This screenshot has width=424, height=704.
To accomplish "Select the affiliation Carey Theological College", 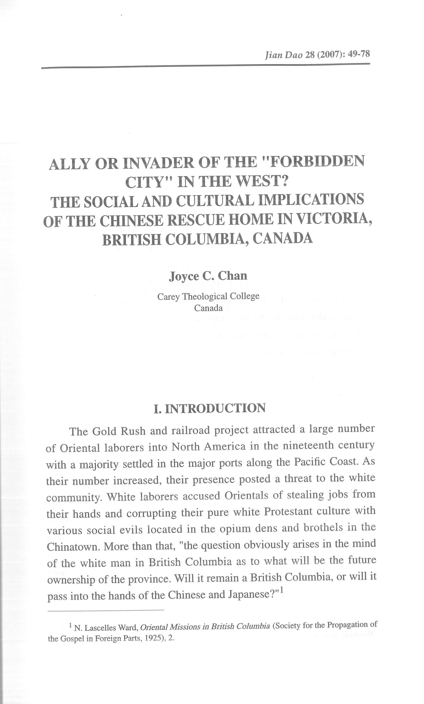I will pos(208,296).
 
